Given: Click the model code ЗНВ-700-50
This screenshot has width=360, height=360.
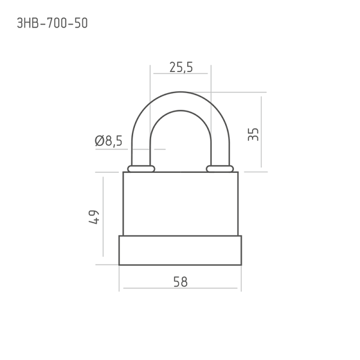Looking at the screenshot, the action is coord(52,23).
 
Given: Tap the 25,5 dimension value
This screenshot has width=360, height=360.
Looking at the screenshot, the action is coord(181,67).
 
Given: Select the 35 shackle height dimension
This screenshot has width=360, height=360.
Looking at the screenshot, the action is coord(253,134).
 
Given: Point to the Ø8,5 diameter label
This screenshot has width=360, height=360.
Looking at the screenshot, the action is coord(109,141).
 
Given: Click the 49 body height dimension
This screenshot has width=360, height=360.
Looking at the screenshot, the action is coord(94,217).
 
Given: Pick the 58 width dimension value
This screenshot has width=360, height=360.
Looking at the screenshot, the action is coord(181,282).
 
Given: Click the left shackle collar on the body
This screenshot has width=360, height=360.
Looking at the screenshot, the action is coord(141,169).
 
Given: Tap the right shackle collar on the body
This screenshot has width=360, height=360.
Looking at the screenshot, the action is coord(220,169).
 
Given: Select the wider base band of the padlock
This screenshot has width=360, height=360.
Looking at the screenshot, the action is coord(180,250).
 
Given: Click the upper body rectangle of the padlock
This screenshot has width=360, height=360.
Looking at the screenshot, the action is coord(181,204).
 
